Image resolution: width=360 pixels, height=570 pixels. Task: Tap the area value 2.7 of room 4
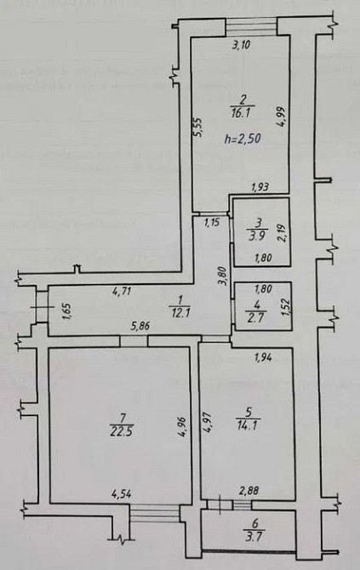pos(254,316)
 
